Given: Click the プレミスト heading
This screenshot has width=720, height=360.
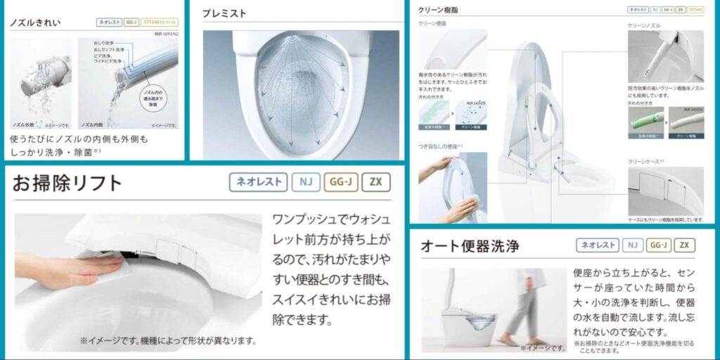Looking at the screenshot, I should (224, 13).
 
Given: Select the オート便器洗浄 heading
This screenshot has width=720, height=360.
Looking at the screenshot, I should (470, 245).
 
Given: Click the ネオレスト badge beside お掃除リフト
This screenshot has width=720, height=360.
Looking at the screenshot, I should (259, 182).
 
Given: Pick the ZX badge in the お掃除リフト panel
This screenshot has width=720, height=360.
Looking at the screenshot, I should (375, 182).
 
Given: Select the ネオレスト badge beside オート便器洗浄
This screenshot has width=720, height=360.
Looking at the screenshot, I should (598, 245).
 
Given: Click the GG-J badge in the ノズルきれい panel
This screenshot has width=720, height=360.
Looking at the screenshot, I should (131, 22).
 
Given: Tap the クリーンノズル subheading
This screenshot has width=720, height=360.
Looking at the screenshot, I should (643, 25).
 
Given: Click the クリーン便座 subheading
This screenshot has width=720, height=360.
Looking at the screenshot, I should (432, 23).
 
